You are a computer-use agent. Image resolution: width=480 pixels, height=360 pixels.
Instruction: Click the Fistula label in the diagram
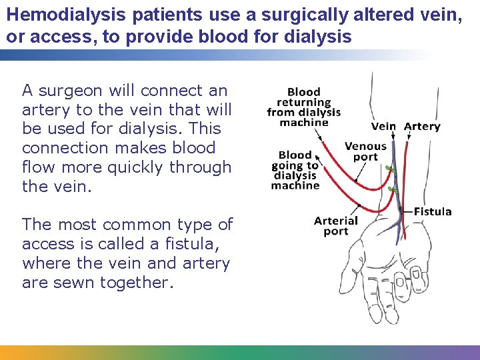[x=433, y=211]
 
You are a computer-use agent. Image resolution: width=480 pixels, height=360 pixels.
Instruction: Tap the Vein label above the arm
[x=383, y=127]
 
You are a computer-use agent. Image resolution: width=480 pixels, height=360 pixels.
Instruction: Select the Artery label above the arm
[x=422, y=127]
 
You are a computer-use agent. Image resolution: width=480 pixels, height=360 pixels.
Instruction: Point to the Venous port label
[x=365, y=151]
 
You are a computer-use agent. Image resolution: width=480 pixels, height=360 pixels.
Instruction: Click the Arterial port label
[x=336, y=226]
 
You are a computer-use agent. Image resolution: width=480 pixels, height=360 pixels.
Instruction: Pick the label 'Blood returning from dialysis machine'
[x=303, y=107]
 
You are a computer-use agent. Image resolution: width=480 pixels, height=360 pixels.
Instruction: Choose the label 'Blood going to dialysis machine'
[x=295, y=171]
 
